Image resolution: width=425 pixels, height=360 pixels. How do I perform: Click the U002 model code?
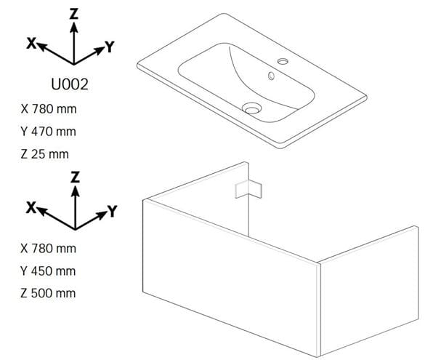[x=70, y=84]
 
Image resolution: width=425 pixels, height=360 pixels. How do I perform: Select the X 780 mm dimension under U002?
[x=49, y=109]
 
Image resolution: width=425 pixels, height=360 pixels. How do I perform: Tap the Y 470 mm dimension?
[x=48, y=132]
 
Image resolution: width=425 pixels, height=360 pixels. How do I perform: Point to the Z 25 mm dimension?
[x=45, y=154]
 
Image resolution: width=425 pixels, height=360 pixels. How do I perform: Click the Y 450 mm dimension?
[x=48, y=271]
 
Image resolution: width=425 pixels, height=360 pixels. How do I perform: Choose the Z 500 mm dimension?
[x=48, y=293]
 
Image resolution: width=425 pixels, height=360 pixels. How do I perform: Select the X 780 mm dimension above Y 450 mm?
[x=48, y=249]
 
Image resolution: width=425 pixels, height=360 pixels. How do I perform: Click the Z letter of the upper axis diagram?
[x=73, y=14]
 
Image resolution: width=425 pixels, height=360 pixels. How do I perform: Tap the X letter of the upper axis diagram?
[x=31, y=43]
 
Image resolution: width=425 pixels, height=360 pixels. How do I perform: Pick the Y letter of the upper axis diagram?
[x=110, y=47]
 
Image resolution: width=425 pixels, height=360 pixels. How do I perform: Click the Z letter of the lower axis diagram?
[x=75, y=177]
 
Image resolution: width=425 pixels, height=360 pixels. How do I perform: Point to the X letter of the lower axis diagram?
[x=31, y=207]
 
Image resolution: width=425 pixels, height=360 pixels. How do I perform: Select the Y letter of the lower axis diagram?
[x=112, y=211]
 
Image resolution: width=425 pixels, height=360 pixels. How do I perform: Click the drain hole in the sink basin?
[x=251, y=108]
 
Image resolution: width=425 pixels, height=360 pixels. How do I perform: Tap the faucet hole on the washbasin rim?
[x=283, y=61]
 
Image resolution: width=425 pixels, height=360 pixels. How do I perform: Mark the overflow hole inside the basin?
[x=271, y=76]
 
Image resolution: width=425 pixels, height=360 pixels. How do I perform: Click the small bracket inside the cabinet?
[x=248, y=189]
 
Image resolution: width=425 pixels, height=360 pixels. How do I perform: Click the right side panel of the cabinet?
[x=368, y=291]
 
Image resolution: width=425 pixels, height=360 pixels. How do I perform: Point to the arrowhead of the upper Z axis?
[x=73, y=28]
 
